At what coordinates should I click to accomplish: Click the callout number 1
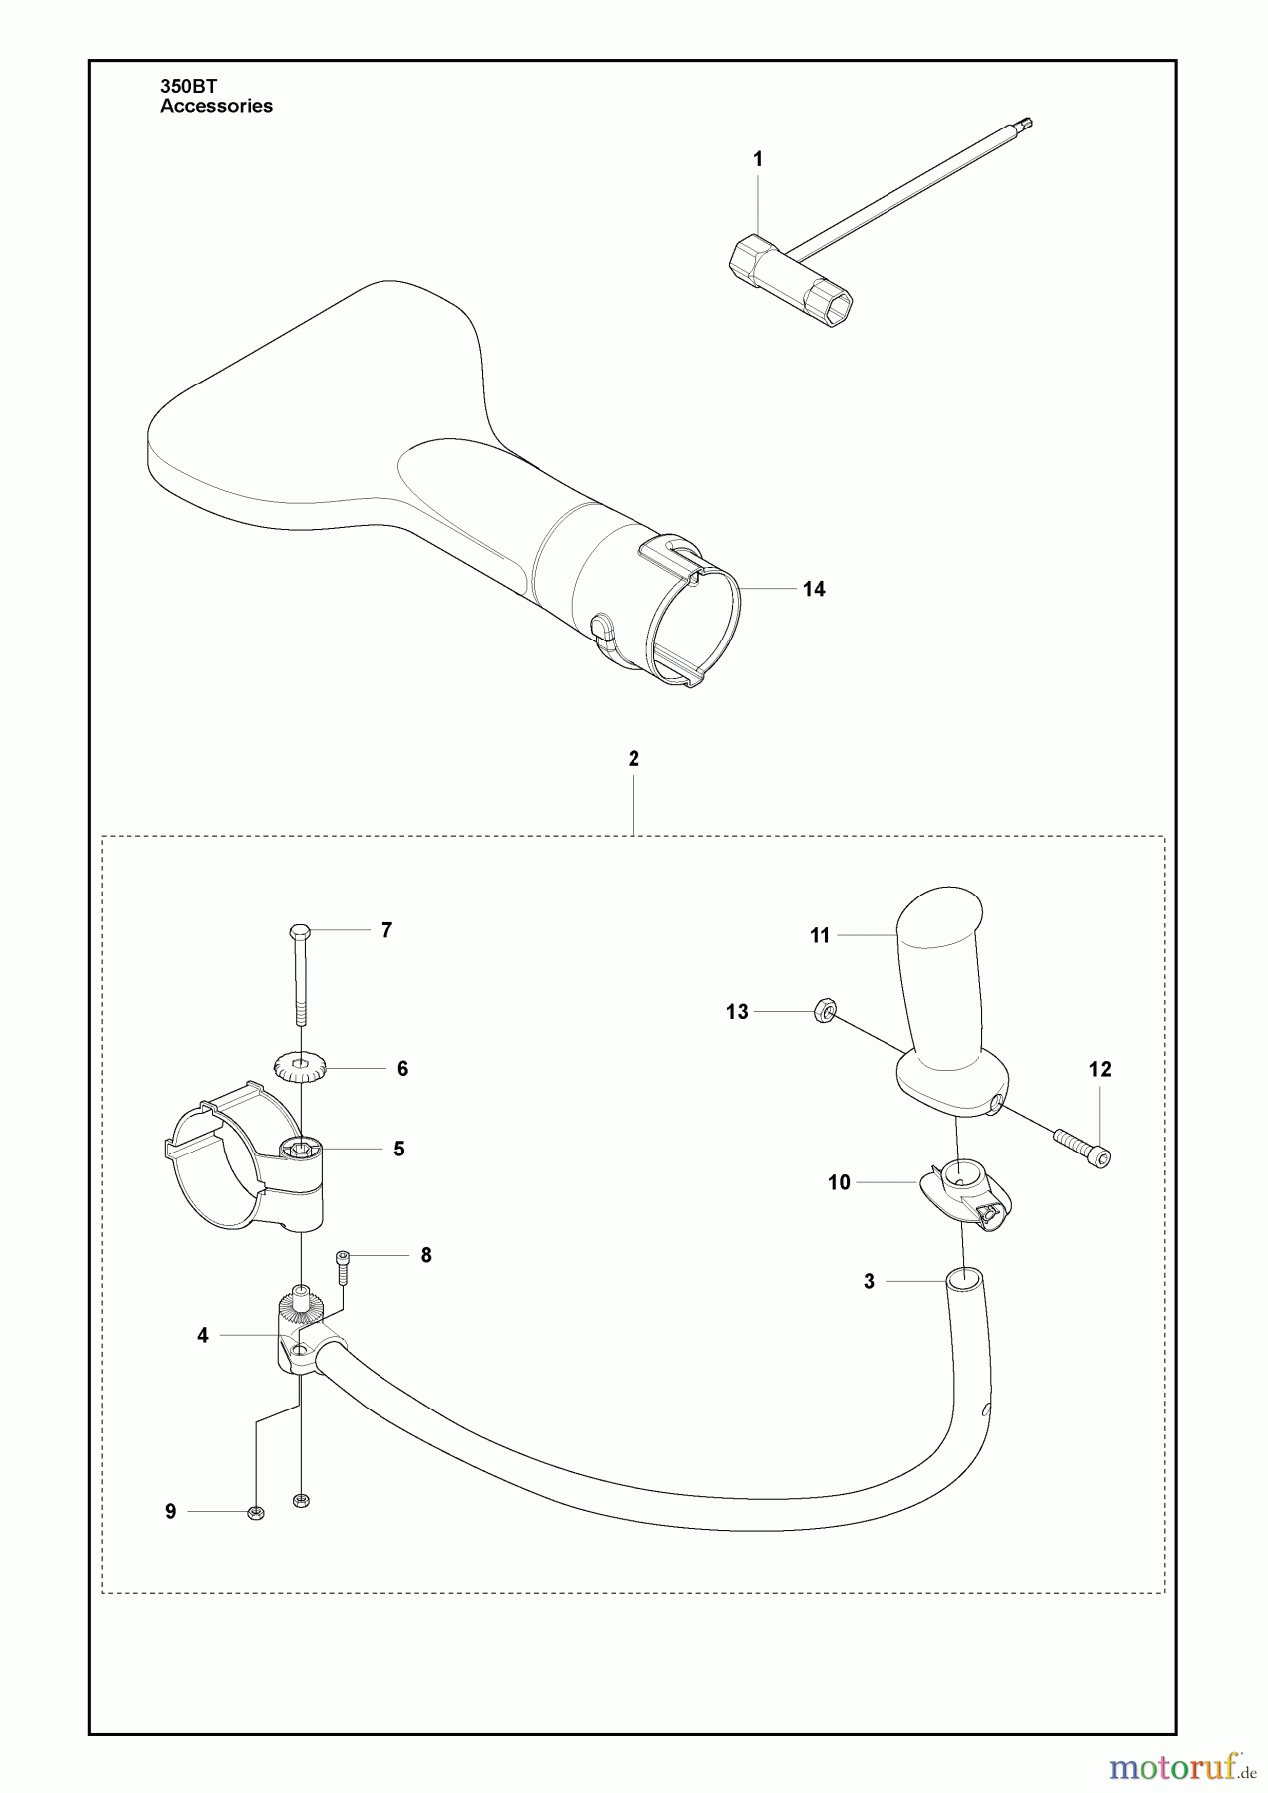pyautogui.click(x=758, y=159)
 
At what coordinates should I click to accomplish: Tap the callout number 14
pyautogui.click(x=814, y=589)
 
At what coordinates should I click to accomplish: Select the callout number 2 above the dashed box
pyautogui.click(x=634, y=759)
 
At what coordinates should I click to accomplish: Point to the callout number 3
pyautogui.click(x=869, y=1282)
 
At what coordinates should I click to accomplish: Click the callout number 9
pyautogui.click(x=171, y=1512)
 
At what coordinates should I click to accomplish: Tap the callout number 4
pyautogui.click(x=203, y=1336)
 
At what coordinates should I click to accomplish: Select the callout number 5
pyautogui.click(x=398, y=1150)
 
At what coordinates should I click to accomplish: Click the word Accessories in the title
pyautogui.click(x=216, y=106)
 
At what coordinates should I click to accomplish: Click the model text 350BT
pyautogui.click(x=182, y=88)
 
